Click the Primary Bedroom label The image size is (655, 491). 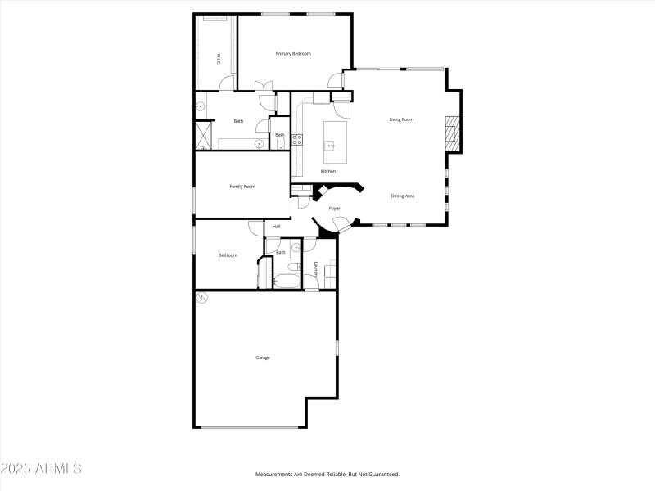293,54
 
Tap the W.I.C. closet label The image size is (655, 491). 218,58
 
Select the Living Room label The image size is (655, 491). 401,119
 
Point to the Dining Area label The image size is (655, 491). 403,196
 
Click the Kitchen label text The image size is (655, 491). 328,171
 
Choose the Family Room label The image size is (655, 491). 242,187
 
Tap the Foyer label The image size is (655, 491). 335,209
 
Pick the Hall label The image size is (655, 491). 277,227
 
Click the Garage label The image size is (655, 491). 263,358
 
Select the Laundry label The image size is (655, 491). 315,268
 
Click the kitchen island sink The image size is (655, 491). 332,145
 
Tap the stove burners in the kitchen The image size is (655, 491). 298,140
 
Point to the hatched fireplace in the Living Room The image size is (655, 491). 451,133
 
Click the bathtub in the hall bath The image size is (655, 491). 287,281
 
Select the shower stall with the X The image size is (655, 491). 203,135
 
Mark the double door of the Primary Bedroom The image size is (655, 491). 264,85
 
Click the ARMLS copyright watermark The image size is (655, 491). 41,469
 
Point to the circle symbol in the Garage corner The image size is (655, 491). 201,299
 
